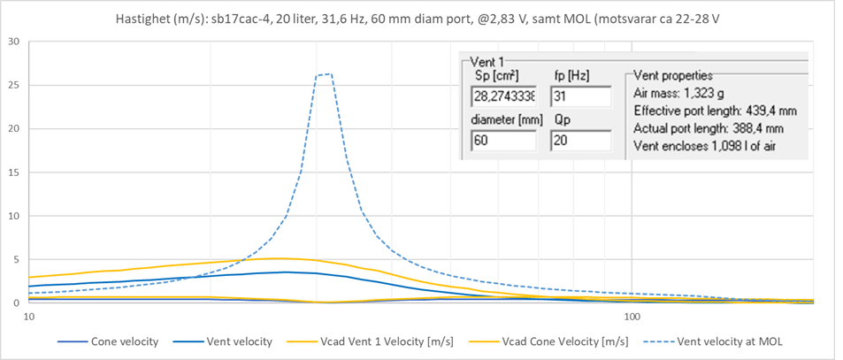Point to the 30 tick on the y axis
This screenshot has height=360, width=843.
pyautogui.click(x=13, y=42)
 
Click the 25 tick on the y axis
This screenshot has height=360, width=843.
pyautogui.click(x=13, y=85)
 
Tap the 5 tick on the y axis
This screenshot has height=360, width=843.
pyautogui.click(x=17, y=259)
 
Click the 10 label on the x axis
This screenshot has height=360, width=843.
pyautogui.click(x=28, y=316)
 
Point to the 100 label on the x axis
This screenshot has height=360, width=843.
pyautogui.click(x=632, y=316)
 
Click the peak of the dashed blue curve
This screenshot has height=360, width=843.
pyautogui.click(x=325, y=74)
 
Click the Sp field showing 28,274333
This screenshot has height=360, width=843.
pyautogui.click(x=503, y=96)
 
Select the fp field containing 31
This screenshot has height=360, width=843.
pyautogui.click(x=580, y=96)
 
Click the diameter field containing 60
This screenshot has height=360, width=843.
pyautogui.click(x=503, y=140)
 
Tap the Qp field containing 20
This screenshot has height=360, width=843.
pyautogui.click(x=580, y=140)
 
